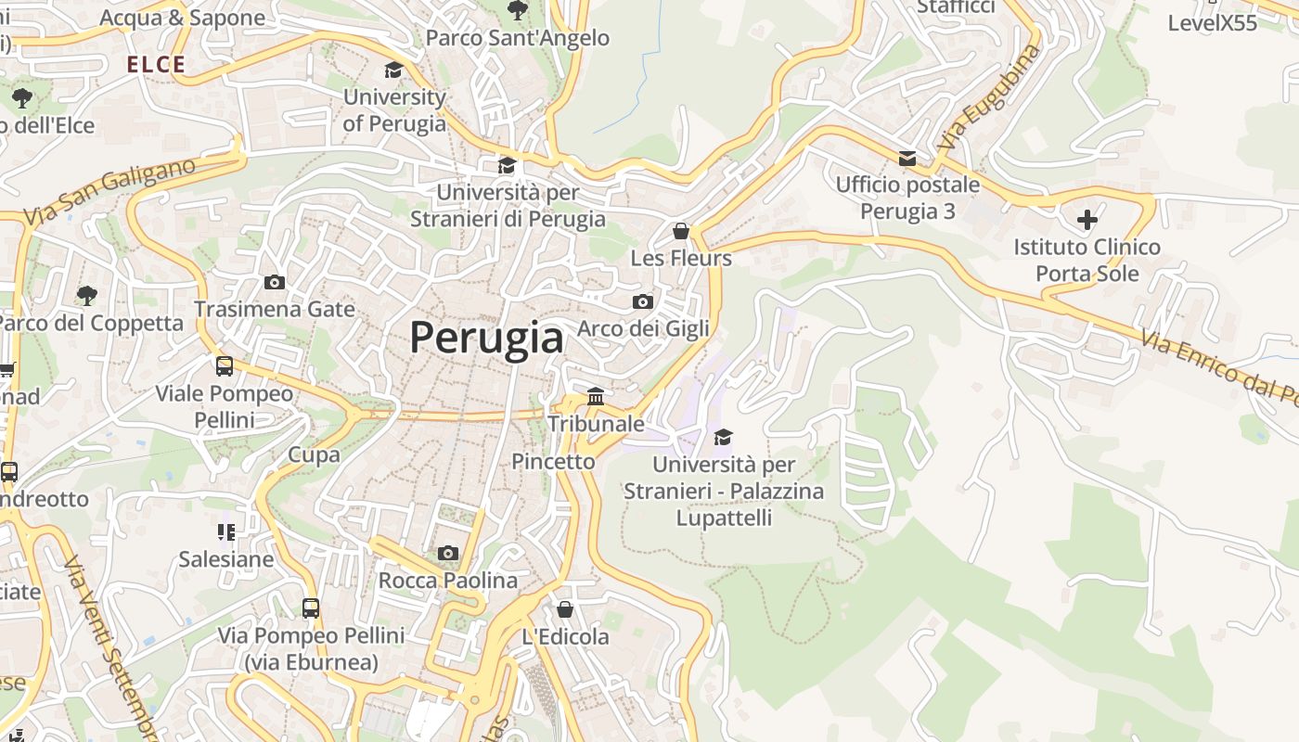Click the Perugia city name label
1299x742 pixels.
[x=486, y=338]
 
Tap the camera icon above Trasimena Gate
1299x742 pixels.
[x=275, y=282]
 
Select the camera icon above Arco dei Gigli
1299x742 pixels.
[x=642, y=301]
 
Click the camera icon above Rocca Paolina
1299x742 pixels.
[x=448, y=554]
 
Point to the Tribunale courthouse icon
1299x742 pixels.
[x=596, y=397]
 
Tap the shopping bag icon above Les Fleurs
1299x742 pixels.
[x=681, y=231]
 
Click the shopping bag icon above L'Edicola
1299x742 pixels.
[x=565, y=609]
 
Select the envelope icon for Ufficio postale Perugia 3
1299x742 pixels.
[x=907, y=159]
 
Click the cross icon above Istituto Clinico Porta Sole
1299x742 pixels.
[x=1087, y=220]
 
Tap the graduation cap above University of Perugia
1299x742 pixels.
[x=394, y=70]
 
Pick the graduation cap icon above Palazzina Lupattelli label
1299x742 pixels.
[x=723, y=436]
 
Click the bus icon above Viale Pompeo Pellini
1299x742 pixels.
[x=225, y=366]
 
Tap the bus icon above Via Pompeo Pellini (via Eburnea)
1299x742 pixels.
[x=311, y=608]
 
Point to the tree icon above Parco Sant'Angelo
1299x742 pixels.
[x=518, y=10]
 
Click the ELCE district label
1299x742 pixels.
[x=156, y=65]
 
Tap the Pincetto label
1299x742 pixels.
[x=553, y=461]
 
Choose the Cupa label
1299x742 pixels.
[x=314, y=454]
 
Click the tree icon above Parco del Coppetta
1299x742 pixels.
[x=87, y=296]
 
